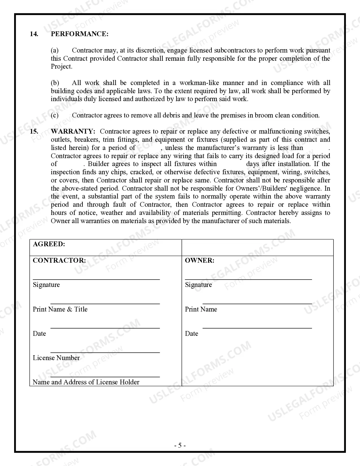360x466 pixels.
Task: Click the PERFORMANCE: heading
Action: pyautogui.click(x=80, y=34)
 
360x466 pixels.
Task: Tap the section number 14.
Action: pyautogui.click(x=34, y=34)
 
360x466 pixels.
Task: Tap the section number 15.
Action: pyautogui.click(x=34, y=131)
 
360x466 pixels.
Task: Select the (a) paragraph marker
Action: pyautogui.click(x=55, y=50)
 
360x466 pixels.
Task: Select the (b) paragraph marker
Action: pyautogui.click(x=55, y=83)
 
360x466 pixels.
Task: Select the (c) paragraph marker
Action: pyautogui.click(x=55, y=115)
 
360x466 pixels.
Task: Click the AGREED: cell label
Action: pyautogui.click(x=49, y=244)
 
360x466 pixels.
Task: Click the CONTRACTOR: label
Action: pyautogui.click(x=59, y=260)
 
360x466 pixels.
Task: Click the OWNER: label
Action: pyautogui.click(x=200, y=260)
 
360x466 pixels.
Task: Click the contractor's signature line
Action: pyautogui.click(x=96, y=279)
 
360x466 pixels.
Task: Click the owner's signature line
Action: pyautogui.click(x=248, y=279)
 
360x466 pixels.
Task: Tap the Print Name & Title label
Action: pyautogui.click(x=60, y=309)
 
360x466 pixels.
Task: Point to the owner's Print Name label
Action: pyautogui.click(x=201, y=309)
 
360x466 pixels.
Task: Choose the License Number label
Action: pyautogui.click(x=56, y=358)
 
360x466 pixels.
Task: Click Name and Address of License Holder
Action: pyautogui.click(x=86, y=382)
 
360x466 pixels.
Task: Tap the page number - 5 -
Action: pyautogui.click(x=180, y=445)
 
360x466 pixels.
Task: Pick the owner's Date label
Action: pyautogui.click(x=191, y=334)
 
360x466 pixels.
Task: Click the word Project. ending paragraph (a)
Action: pyautogui.click(x=62, y=67)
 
